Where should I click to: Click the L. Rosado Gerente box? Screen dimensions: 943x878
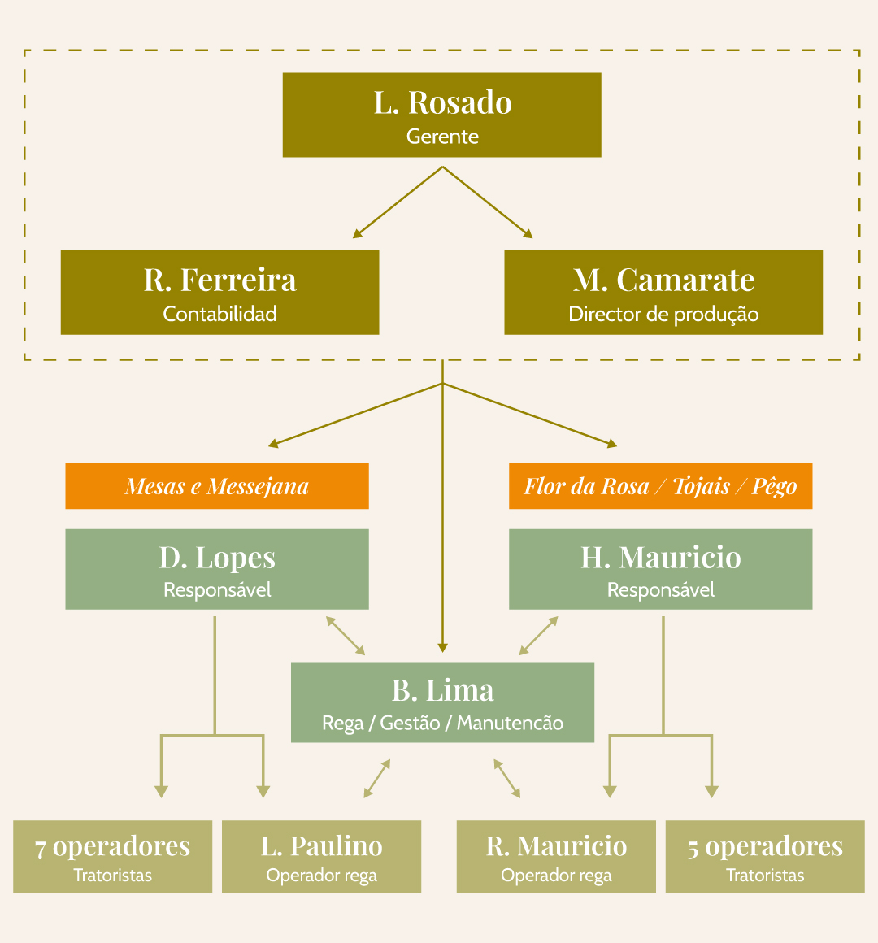point(441,115)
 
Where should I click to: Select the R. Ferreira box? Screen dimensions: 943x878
point(219,292)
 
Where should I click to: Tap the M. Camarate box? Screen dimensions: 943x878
point(663,292)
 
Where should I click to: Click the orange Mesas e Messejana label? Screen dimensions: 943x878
point(217,486)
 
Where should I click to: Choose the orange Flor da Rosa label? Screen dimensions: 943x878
point(660,486)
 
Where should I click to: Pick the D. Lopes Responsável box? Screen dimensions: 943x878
point(217,569)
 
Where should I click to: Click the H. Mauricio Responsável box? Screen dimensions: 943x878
point(660,569)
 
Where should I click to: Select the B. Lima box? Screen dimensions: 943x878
point(442,702)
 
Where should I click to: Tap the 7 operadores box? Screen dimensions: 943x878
point(112,857)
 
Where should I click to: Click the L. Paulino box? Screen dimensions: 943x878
point(321,857)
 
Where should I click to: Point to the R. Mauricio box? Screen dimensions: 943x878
point(556,857)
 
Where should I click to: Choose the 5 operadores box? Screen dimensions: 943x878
point(765,857)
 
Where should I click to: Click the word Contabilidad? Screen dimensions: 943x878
point(219,314)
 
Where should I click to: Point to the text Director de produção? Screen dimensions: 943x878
point(663,314)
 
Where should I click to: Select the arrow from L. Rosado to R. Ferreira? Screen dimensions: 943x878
point(398,202)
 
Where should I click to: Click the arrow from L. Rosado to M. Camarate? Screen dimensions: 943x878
point(488,202)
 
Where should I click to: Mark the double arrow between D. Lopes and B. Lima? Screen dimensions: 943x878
point(346,636)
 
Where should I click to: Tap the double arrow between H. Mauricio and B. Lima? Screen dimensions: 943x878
point(539,636)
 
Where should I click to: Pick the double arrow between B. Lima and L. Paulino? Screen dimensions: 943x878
point(377,778)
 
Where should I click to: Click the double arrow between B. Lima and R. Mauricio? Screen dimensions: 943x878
point(507,778)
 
